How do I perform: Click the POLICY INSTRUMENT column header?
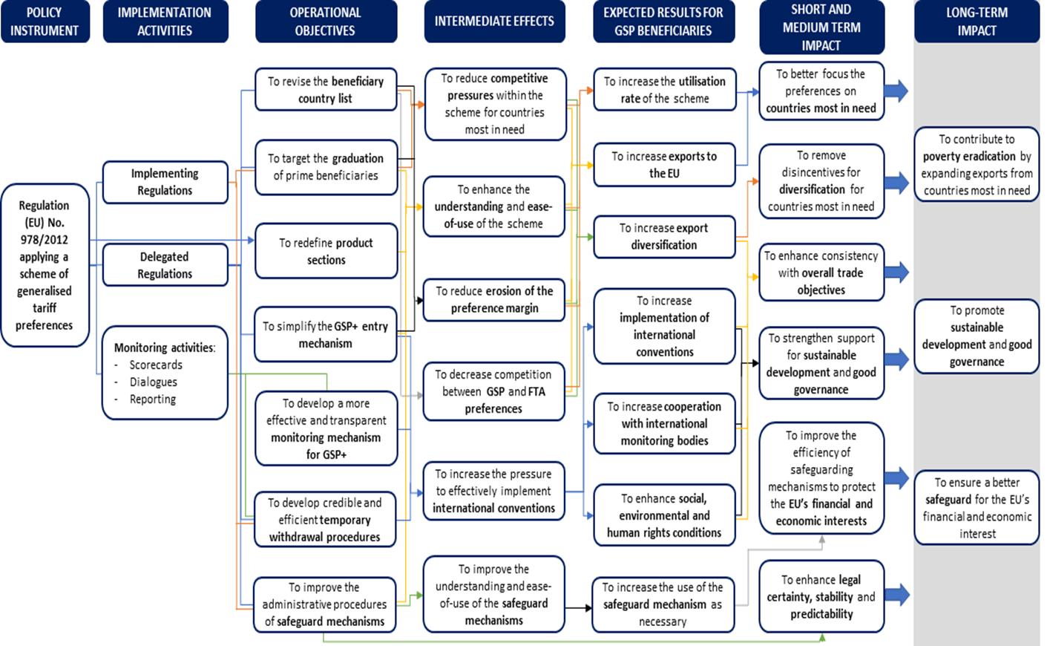[x=45, y=22]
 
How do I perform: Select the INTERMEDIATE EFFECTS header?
[x=494, y=22]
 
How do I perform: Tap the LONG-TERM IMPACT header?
[x=977, y=22]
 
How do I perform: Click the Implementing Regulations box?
[x=165, y=182]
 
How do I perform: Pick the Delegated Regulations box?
[x=165, y=265]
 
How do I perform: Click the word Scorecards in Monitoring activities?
[x=156, y=365]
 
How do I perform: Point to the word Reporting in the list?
[x=153, y=399]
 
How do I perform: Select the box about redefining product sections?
[x=326, y=251]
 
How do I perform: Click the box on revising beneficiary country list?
[x=326, y=89]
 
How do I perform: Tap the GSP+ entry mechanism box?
[x=326, y=334]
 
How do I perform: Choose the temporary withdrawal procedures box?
[x=325, y=519]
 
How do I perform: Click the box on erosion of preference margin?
[x=494, y=300]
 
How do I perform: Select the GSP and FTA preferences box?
[x=494, y=391]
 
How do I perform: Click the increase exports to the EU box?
[x=664, y=165]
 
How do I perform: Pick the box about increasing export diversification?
[x=664, y=237]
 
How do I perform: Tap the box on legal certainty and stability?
[x=821, y=596]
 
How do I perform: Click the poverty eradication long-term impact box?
[x=977, y=164]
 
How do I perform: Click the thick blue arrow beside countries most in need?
[x=896, y=91]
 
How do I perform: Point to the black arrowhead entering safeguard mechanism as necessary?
[x=588, y=608]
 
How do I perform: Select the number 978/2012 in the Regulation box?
[x=44, y=240]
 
